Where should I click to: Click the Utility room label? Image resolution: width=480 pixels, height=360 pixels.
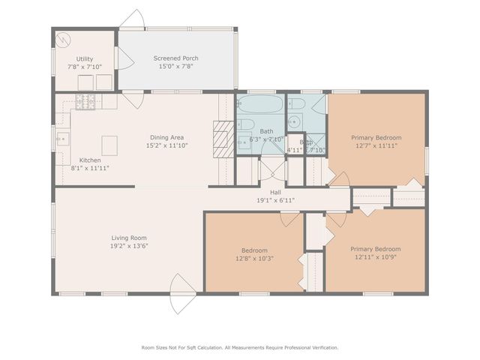click(x=84, y=58)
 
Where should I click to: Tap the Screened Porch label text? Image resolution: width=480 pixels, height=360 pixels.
click(x=175, y=58)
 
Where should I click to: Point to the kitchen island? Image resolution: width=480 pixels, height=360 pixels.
click(x=110, y=144)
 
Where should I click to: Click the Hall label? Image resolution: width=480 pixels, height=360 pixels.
click(x=263, y=192)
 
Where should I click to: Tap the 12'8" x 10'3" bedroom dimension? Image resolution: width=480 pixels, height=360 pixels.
click(x=253, y=259)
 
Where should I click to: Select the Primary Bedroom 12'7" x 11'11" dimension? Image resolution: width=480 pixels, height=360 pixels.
click(x=376, y=145)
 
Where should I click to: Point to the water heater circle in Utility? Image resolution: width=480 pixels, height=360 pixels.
click(x=64, y=39)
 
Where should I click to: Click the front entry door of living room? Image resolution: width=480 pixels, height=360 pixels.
click(x=182, y=286)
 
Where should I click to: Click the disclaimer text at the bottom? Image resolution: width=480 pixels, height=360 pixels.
click(x=240, y=347)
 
